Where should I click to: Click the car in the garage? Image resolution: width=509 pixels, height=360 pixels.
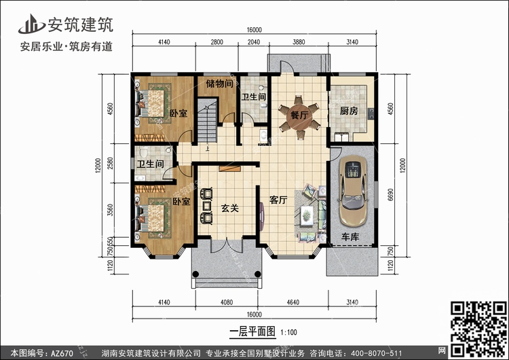[353, 191]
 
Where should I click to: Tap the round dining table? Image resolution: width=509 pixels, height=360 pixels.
[299, 115]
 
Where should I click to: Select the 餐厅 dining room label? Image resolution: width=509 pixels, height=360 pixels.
[299, 115]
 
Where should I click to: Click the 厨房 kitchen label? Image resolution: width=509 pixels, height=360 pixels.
[349, 111]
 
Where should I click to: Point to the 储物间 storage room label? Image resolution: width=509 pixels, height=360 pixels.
[220, 84]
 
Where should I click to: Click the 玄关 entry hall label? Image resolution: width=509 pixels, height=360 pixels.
[230, 208]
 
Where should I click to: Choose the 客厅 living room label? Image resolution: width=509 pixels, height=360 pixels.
[278, 200]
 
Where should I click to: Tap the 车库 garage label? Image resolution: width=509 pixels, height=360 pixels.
[350, 236]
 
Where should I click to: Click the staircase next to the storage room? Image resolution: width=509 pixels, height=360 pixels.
[207, 121]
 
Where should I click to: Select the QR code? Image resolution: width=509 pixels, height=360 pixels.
[478, 329]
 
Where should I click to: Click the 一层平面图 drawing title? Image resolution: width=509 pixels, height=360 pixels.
[252, 331]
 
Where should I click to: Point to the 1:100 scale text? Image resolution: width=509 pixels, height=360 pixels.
[288, 332]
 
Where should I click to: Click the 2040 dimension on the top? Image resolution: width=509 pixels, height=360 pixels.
[254, 42]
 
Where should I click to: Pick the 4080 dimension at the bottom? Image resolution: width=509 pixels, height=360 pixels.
[227, 302]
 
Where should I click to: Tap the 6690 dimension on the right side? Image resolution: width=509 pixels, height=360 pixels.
[390, 194]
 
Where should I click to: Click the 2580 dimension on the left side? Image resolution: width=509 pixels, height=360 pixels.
[110, 163]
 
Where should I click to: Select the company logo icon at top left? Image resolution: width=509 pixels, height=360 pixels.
[31, 24]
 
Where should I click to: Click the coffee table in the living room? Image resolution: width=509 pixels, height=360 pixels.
[307, 215]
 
